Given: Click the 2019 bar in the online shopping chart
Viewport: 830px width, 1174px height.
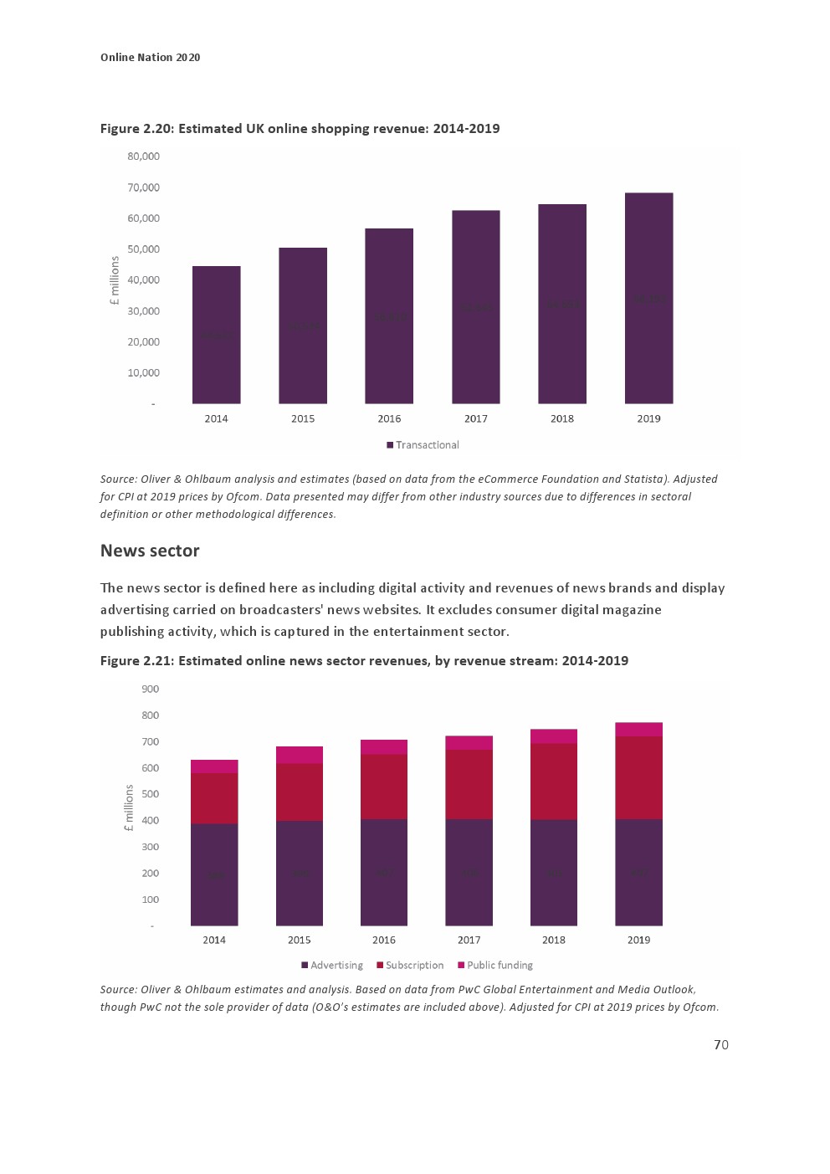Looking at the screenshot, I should (x=648, y=298).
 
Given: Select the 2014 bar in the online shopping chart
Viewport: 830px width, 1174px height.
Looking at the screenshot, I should (x=216, y=335).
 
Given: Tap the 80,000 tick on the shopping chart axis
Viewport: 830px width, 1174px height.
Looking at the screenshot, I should (x=143, y=156).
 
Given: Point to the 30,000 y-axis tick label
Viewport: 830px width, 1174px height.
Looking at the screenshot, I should (x=143, y=311).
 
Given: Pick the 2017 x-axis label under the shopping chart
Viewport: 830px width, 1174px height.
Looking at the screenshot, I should (x=475, y=418).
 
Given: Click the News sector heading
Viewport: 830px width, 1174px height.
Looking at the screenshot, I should (x=150, y=551).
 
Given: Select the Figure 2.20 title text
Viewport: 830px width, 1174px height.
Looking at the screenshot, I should (x=300, y=128).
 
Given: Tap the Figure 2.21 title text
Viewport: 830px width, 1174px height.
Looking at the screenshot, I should (x=364, y=660).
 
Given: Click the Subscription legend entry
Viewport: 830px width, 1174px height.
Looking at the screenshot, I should (x=410, y=965).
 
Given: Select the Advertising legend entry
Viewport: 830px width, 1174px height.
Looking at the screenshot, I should (x=332, y=965).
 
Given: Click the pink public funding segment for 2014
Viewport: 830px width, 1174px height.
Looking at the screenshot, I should (x=214, y=766).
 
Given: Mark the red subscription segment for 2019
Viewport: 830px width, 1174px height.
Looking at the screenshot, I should (x=638, y=777).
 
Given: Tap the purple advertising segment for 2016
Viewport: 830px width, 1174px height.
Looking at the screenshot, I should (x=384, y=872).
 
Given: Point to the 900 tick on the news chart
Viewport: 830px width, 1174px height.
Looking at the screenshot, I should (x=150, y=690).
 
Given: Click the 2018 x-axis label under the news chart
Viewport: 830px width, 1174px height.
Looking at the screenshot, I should (x=553, y=940).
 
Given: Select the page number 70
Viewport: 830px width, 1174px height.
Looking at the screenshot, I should (x=720, y=1044).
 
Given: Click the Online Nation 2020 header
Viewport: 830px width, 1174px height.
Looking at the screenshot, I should (x=150, y=57).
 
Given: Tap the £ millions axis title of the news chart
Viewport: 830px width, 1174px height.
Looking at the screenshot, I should (x=128, y=807).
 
